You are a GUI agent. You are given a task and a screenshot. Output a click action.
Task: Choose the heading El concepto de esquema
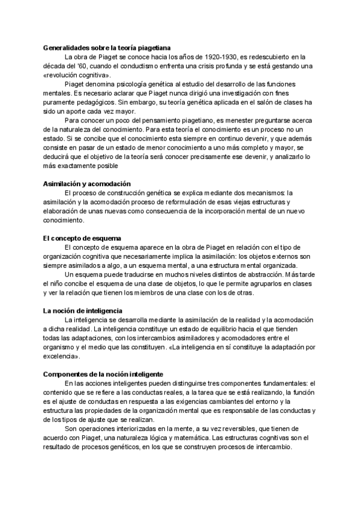pos(82,238)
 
